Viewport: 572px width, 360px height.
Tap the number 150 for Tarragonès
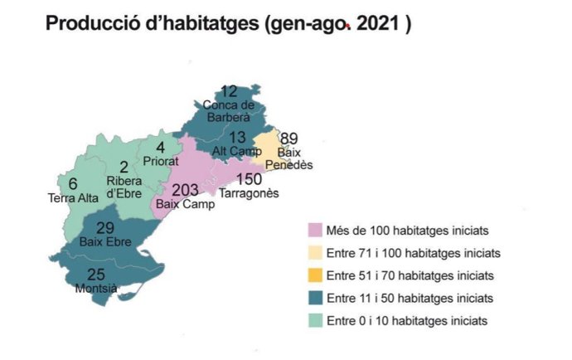(249, 180)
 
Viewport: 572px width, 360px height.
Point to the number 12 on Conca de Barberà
(230, 91)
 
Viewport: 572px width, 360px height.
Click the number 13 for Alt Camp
(237, 137)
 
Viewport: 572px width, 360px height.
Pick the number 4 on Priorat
(161, 148)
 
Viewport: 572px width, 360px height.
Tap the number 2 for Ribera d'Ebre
(124, 166)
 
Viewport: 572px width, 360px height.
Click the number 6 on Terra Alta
(73, 184)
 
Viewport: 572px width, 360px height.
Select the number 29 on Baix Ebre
(105, 228)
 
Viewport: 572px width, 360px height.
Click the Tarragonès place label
(249, 193)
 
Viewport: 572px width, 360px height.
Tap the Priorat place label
(161, 161)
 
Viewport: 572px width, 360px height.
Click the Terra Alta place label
(73, 197)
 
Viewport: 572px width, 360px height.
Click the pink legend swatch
(315, 229)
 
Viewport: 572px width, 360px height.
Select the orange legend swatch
(315, 275)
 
